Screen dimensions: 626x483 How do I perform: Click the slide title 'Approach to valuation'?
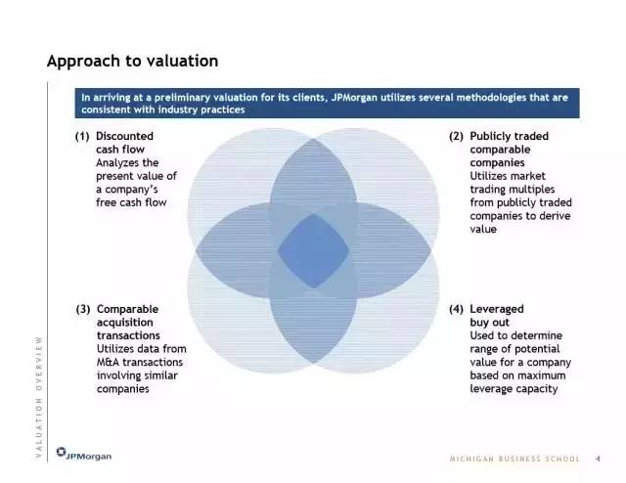(x=133, y=61)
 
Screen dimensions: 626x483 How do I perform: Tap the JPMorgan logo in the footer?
(x=84, y=454)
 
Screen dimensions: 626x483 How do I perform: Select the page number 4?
(x=598, y=459)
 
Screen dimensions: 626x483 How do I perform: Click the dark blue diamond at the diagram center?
(x=313, y=250)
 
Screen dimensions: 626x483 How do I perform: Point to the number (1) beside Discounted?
(x=82, y=136)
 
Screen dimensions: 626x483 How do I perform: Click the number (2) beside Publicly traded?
(x=456, y=136)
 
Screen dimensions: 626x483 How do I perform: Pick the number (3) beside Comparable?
(x=83, y=309)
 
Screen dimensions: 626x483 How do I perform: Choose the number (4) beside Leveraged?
(x=456, y=309)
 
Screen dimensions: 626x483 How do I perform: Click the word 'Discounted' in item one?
(x=124, y=136)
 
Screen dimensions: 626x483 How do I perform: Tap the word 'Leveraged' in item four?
(x=497, y=309)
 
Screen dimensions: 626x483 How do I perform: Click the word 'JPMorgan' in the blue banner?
(x=354, y=98)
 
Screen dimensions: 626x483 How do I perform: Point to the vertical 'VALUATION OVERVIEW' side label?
(x=39, y=397)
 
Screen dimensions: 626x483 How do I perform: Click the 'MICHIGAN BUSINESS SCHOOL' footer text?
(x=514, y=459)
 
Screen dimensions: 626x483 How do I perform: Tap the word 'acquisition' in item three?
(x=125, y=323)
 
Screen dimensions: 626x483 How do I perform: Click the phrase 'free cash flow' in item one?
(x=131, y=202)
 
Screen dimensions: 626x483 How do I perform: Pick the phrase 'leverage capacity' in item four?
(x=514, y=389)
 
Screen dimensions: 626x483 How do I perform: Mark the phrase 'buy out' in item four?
(x=489, y=323)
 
